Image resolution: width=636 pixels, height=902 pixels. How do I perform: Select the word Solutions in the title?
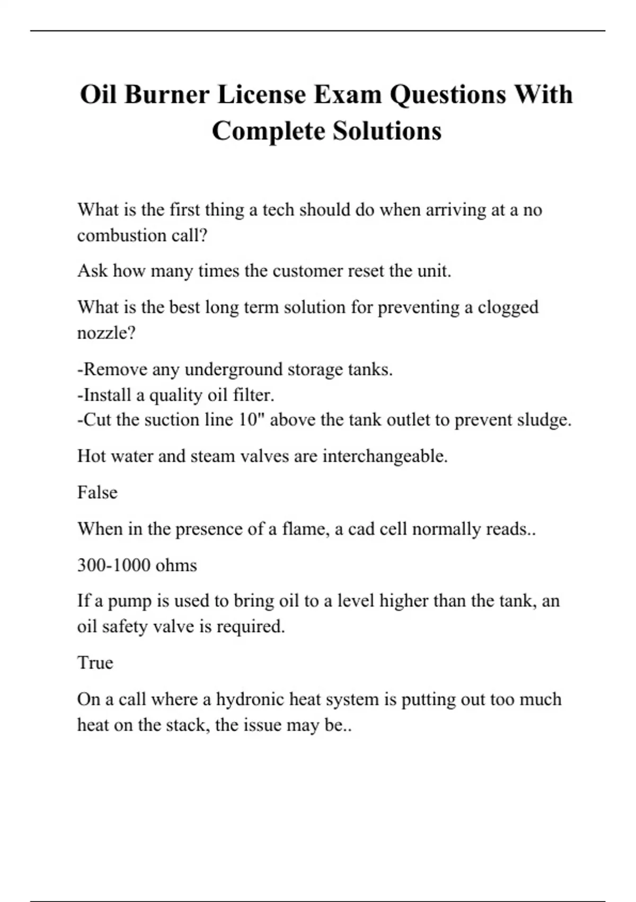click(387, 131)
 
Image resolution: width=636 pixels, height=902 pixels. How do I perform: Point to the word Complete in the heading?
click(268, 131)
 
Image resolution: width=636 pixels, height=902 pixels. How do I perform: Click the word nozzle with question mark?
click(107, 333)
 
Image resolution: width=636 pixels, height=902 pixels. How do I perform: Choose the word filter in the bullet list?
click(253, 395)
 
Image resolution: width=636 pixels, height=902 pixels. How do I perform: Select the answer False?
click(97, 492)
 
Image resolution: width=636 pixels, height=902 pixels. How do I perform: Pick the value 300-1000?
click(113, 565)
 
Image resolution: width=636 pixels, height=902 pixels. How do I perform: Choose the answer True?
click(95, 663)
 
